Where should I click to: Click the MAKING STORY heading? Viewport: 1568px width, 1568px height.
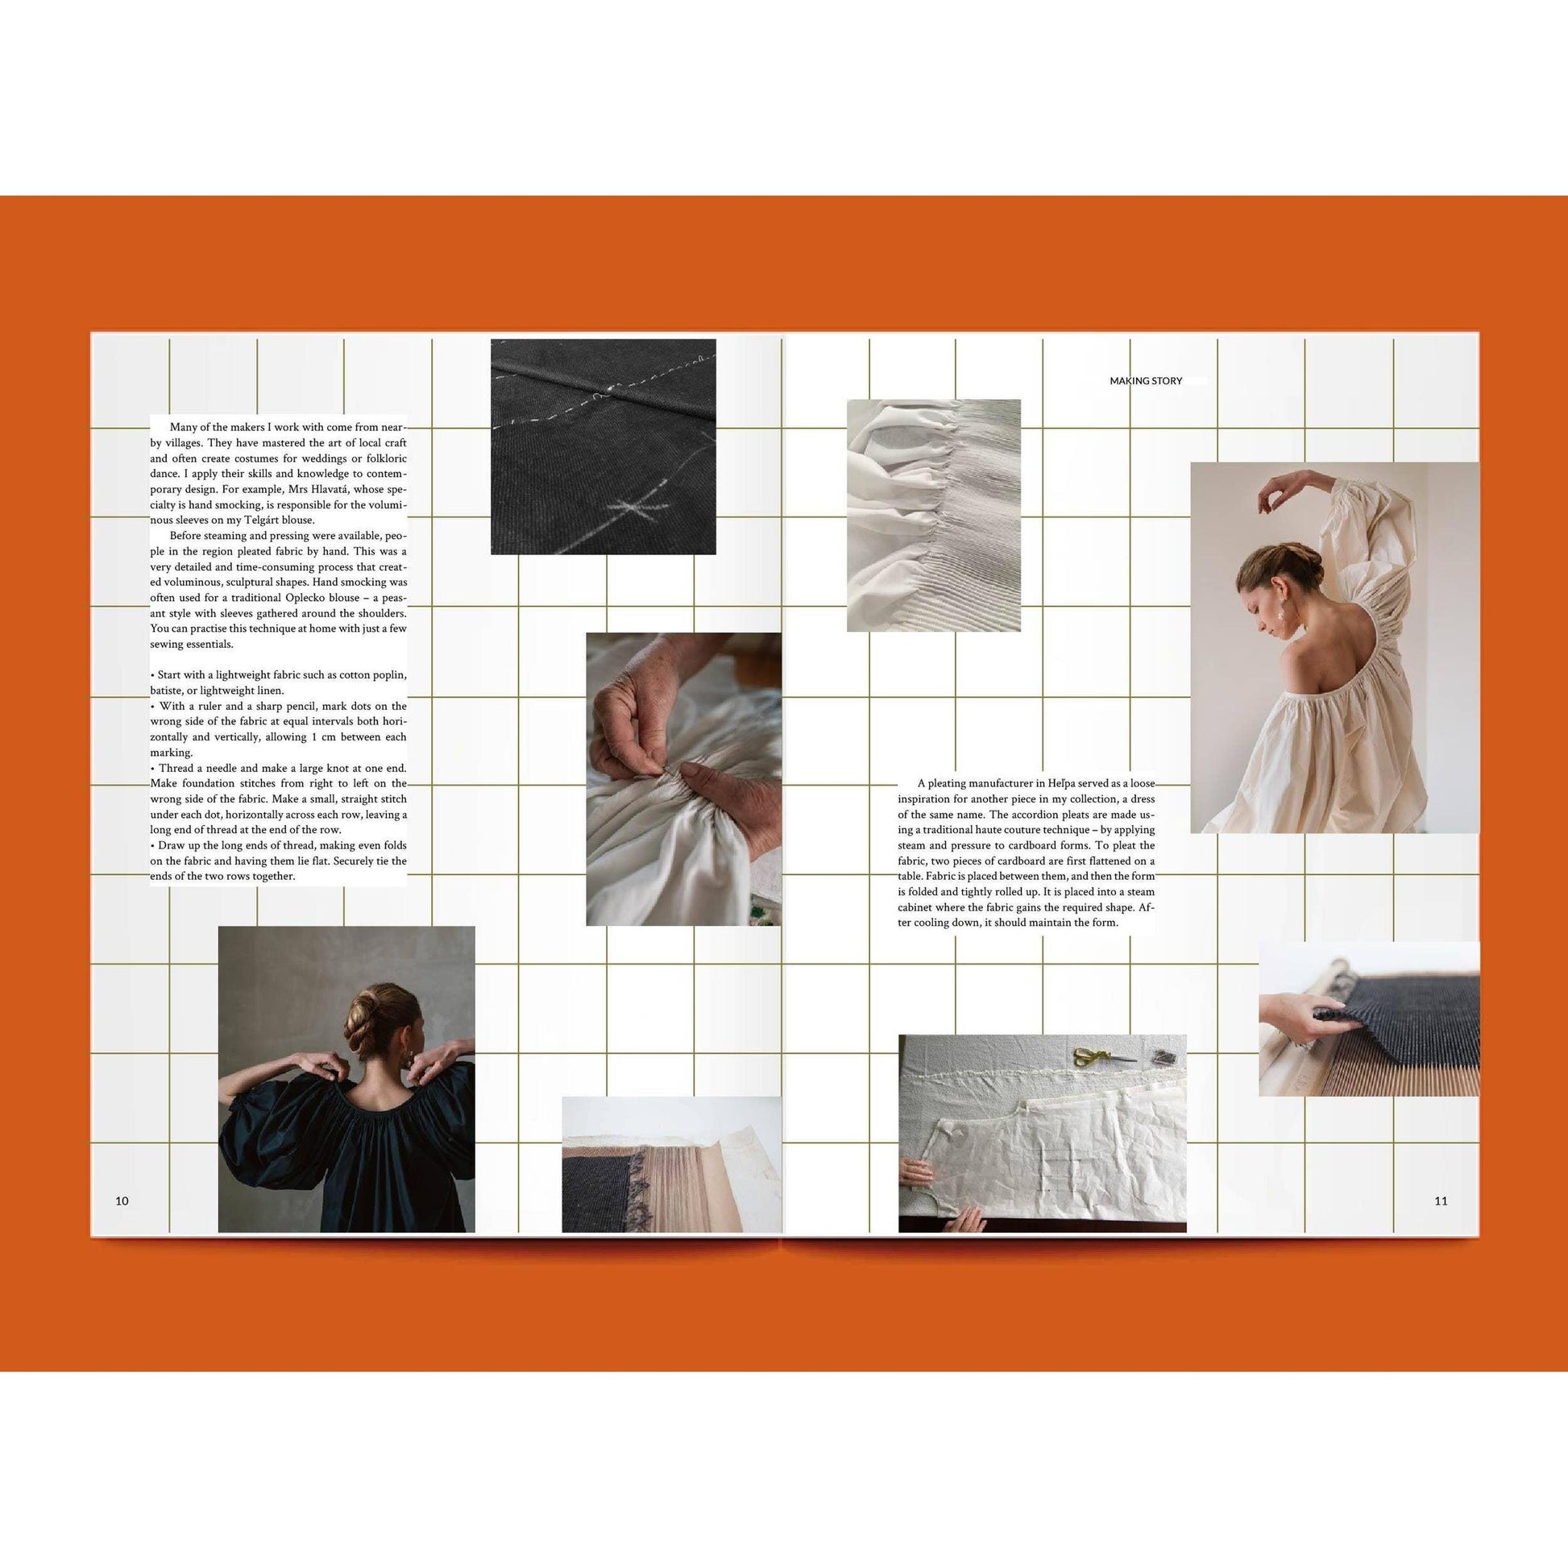[1145, 380]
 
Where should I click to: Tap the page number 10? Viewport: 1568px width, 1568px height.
[122, 1201]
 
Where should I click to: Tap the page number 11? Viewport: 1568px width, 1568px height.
[1441, 1201]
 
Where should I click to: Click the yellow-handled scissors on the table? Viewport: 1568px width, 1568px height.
[1093, 1056]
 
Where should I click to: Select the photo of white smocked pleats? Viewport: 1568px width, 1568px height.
[933, 515]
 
